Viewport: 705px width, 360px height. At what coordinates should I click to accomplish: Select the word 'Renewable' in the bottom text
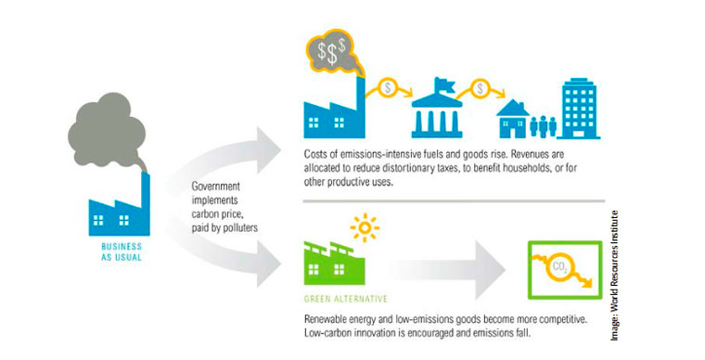pos(329,318)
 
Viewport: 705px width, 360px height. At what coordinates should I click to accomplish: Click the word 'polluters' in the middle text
pos(239,225)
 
